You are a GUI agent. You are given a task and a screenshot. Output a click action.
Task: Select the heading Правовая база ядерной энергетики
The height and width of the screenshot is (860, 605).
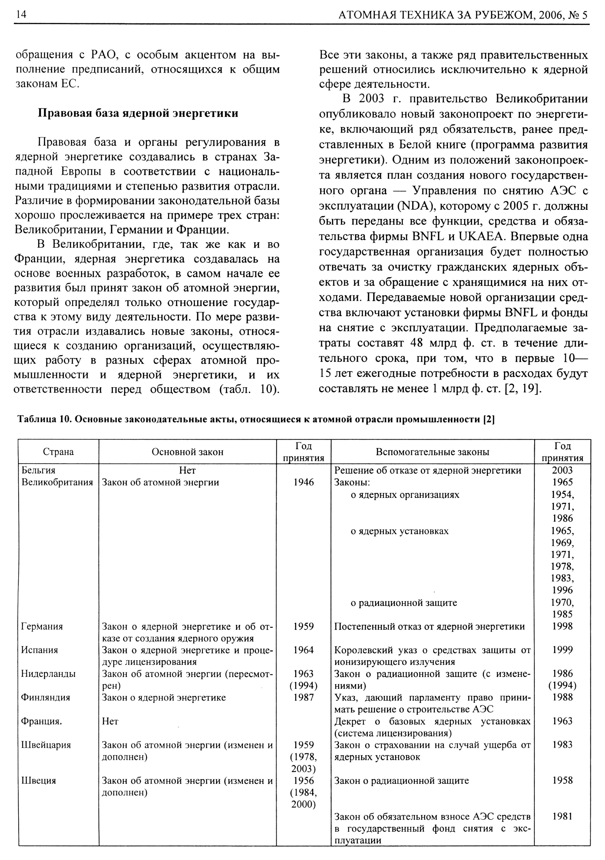pos(138,113)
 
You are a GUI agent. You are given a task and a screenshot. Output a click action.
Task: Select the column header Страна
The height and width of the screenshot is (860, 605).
pos(58,452)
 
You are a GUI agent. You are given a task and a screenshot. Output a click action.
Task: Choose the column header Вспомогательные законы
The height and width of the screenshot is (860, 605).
pos(432,452)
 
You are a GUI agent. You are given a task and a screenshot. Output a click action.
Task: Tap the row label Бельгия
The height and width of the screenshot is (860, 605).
pos(38,470)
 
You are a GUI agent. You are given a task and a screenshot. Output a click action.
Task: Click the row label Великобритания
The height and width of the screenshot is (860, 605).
pos(57,482)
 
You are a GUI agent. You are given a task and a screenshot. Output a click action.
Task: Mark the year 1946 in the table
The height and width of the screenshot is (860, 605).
pos(304,482)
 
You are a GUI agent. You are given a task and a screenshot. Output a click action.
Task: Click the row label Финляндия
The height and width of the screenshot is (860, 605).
pos(46,697)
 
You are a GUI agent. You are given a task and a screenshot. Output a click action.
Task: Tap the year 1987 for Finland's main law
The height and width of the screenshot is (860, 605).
pos(304,697)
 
